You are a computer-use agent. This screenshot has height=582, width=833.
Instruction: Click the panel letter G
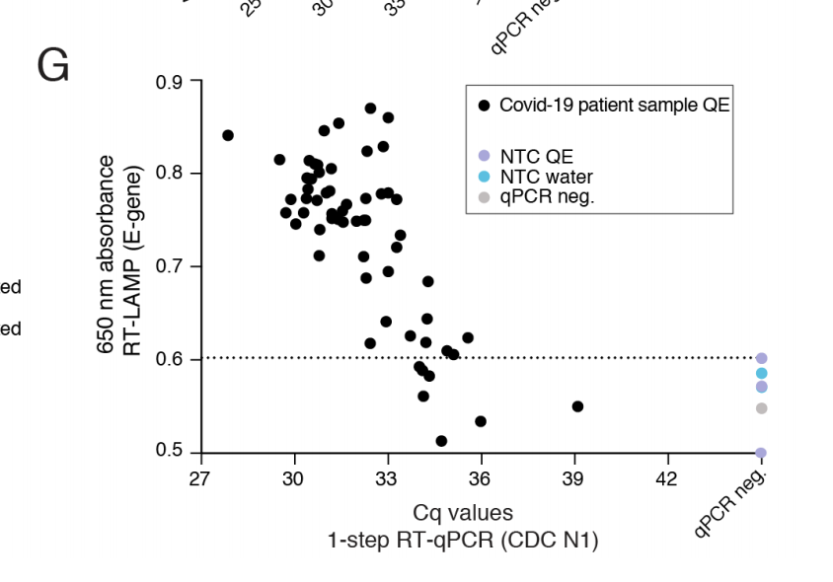click(x=53, y=66)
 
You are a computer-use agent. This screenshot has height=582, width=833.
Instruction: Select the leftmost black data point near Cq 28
click(x=228, y=135)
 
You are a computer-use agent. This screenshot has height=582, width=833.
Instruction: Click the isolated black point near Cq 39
click(x=577, y=406)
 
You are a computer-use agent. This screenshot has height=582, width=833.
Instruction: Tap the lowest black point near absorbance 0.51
click(x=441, y=441)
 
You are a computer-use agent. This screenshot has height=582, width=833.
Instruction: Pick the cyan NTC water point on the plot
click(x=762, y=373)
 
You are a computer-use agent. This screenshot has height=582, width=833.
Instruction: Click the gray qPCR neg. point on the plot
click(x=762, y=408)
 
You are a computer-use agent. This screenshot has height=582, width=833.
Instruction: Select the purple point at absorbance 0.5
click(x=761, y=454)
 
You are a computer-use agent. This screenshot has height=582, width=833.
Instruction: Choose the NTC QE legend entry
click(x=536, y=157)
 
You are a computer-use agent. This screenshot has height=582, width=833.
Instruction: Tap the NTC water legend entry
click(x=546, y=177)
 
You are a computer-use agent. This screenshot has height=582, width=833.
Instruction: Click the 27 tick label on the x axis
click(x=201, y=478)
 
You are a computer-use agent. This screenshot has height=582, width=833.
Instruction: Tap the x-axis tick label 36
click(x=481, y=478)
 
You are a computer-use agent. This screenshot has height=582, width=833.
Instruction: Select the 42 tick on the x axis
click(x=667, y=478)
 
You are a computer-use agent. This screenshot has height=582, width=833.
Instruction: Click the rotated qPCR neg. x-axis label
click(x=731, y=504)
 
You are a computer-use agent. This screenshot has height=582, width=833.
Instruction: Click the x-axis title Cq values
click(x=463, y=513)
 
